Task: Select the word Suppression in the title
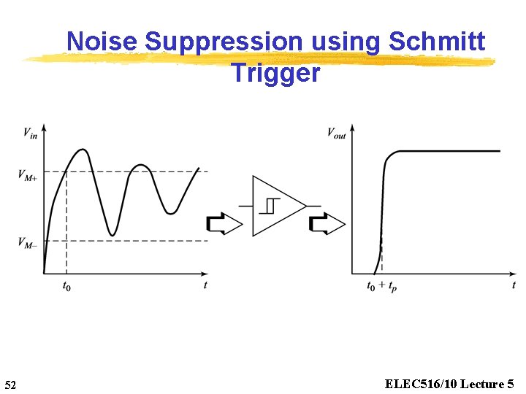click(224, 42)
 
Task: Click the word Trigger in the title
click(275, 73)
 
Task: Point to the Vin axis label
click(30, 132)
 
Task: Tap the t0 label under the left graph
click(66, 286)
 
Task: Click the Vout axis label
click(336, 134)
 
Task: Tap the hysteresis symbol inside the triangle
click(272, 206)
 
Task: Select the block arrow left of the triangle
click(224, 224)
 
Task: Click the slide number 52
click(10, 385)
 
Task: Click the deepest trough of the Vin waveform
click(112, 235)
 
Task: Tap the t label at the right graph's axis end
click(514, 285)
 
